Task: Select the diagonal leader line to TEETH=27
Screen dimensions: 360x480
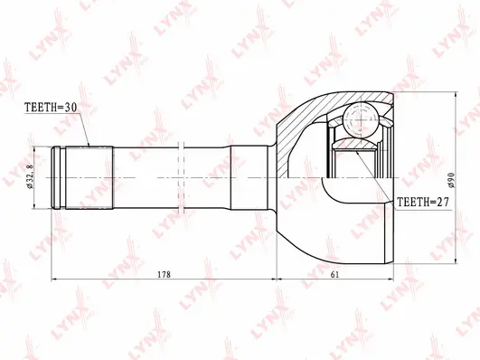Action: (x=375, y=176)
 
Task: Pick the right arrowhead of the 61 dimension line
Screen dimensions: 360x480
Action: (x=391, y=279)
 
